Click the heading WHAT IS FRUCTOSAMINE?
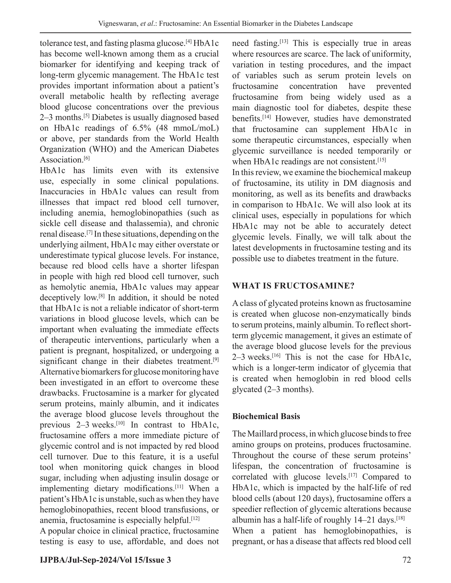click(x=293, y=286)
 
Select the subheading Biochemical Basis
click(x=266, y=416)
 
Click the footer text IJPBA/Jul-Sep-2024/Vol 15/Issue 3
click(x=105, y=559)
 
